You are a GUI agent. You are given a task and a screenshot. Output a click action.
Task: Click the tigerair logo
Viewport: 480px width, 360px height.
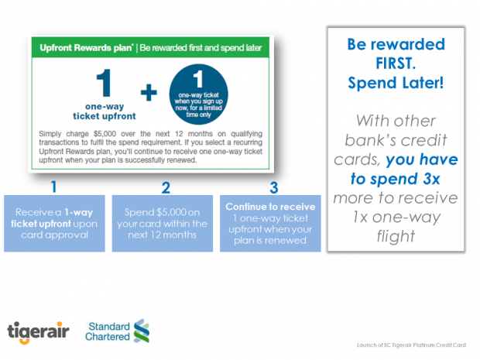click(x=38, y=331)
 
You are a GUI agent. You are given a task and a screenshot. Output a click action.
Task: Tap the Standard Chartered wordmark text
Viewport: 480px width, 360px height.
click(x=108, y=331)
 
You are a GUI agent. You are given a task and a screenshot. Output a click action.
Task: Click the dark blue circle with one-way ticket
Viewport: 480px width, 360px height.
click(x=200, y=95)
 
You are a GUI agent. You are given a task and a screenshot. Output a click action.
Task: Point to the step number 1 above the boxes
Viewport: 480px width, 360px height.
click(x=53, y=187)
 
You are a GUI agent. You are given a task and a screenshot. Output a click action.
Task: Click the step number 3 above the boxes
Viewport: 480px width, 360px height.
click(x=273, y=187)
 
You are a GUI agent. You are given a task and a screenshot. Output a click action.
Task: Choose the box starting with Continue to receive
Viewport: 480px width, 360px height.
click(x=272, y=225)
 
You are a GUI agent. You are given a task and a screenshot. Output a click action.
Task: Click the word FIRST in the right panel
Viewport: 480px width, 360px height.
click(x=395, y=62)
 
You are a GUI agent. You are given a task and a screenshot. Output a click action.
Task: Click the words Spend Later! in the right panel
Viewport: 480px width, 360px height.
click(x=395, y=83)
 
